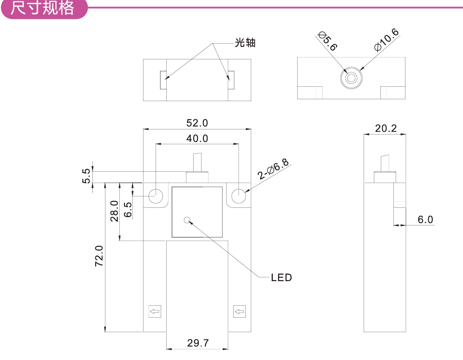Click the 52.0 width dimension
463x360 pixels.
[x=197, y=123]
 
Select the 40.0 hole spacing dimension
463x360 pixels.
[x=197, y=138]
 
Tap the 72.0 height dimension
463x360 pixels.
[x=99, y=256]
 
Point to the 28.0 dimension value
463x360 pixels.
[x=115, y=211]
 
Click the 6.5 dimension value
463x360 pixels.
[x=128, y=210]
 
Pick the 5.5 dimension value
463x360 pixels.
[x=86, y=176]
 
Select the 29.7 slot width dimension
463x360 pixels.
[x=198, y=343]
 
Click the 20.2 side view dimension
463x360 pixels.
[x=386, y=129]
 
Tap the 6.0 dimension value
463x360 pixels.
[x=425, y=219]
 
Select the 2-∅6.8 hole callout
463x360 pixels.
[x=274, y=170]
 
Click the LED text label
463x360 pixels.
[x=281, y=278]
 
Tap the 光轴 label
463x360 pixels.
[x=245, y=43]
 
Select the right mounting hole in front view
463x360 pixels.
[x=238, y=196]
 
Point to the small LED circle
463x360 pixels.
[x=188, y=220]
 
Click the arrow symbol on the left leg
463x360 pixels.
[x=155, y=311]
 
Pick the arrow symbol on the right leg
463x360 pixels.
[x=239, y=311]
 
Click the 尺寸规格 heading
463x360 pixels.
[x=42, y=8]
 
